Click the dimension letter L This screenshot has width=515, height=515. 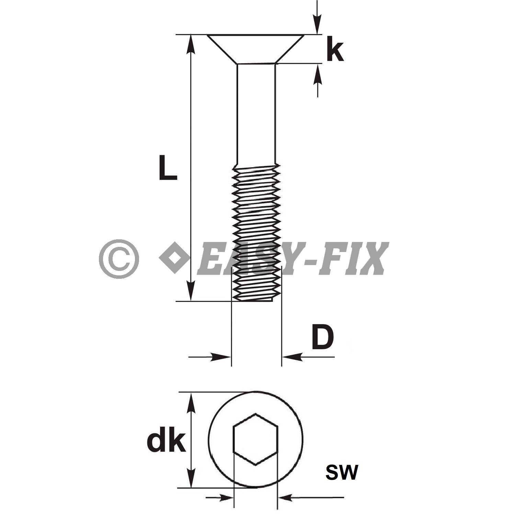(x=168, y=168)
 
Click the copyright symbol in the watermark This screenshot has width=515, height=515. (x=119, y=259)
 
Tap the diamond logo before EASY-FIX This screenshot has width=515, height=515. (x=174, y=257)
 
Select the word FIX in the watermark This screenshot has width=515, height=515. (x=354, y=259)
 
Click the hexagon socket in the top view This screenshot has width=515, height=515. (x=255, y=439)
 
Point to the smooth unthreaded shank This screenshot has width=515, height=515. (x=256, y=113)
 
